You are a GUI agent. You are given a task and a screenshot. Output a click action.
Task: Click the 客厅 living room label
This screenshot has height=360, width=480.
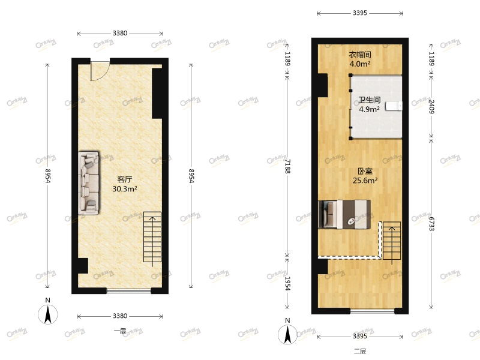pos(125,179)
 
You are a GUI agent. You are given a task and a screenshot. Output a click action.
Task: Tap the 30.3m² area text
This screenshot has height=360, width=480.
pos(125,188)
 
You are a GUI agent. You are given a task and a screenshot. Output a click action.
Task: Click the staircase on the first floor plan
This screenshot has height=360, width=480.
pos(152,237)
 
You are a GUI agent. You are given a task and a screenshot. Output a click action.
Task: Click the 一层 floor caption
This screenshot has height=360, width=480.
pos(119,331)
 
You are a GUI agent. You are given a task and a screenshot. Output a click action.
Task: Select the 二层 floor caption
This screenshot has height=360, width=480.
pos(359,351)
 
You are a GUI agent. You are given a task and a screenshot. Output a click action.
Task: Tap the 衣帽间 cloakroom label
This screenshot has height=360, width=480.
pos(360,54)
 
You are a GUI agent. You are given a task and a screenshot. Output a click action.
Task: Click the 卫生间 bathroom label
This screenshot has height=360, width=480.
pos(369,100)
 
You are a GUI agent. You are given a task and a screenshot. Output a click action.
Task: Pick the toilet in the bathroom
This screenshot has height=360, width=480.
pos(392,107)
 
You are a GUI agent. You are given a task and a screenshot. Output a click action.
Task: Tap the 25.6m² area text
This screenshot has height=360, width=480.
pos(364,180)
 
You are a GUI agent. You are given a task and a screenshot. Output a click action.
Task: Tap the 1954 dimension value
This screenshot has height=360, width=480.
pos(288,283)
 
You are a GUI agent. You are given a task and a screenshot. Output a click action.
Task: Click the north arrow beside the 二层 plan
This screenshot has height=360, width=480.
pos(289,334)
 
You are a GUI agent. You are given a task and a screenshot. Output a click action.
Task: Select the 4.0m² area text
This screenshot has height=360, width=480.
pos(360,64)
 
